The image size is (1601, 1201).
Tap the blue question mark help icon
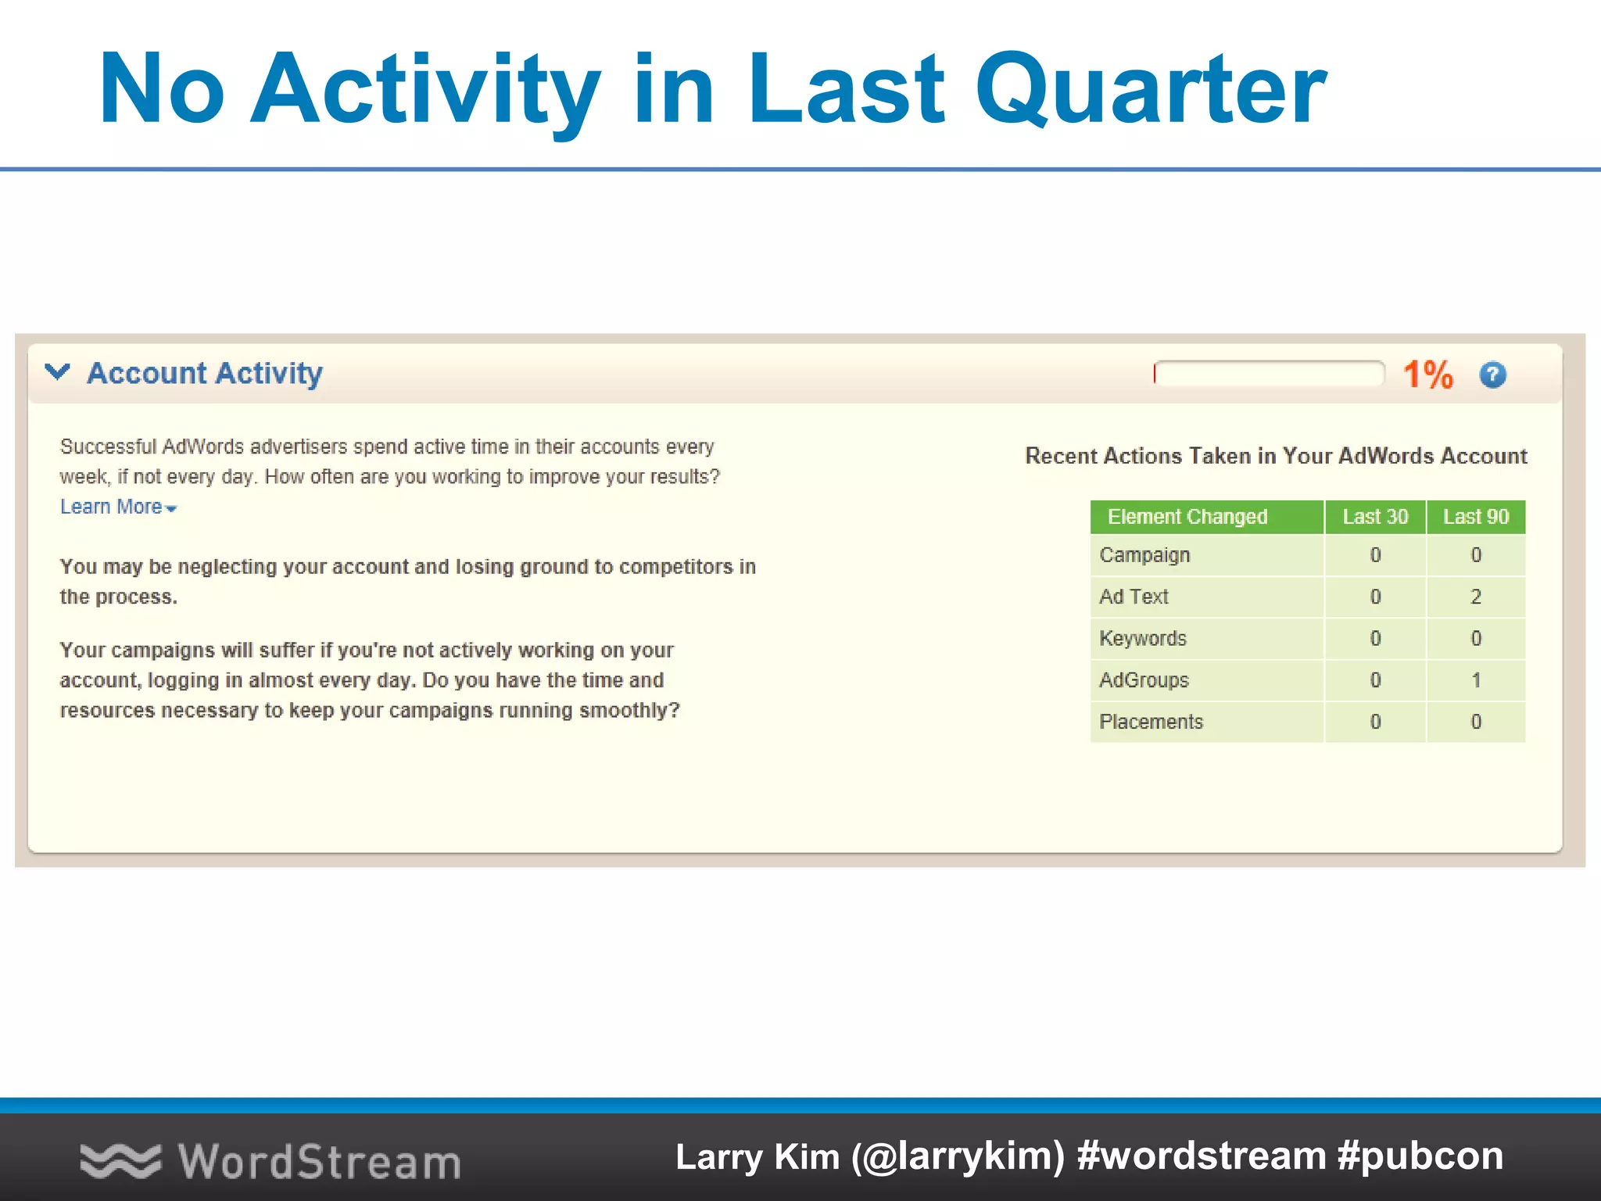tap(1492, 375)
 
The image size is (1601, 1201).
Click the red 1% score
tap(1427, 375)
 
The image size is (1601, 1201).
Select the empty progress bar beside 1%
tap(1269, 374)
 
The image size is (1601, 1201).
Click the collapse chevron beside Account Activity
tap(58, 372)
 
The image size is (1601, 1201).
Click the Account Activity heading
tap(205, 374)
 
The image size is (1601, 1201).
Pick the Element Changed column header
tap(1187, 517)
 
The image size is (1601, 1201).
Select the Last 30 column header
tap(1375, 517)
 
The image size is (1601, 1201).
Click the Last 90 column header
tap(1476, 517)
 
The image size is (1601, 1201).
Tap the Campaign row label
tap(1144, 555)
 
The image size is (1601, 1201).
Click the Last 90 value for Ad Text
tap(1476, 597)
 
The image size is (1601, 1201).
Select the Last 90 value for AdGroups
tap(1476, 680)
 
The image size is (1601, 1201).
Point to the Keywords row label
tap(1143, 639)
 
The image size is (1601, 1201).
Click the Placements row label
tap(1151, 722)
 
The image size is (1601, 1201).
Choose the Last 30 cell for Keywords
tap(1375, 639)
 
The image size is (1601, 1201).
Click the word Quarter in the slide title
tap(1151, 90)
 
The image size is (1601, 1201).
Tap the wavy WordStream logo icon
tap(120, 1160)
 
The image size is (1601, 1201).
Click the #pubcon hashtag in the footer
tap(1420, 1156)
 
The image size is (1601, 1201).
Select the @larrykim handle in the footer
tap(958, 1156)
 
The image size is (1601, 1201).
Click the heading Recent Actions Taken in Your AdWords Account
tap(1276, 456)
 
